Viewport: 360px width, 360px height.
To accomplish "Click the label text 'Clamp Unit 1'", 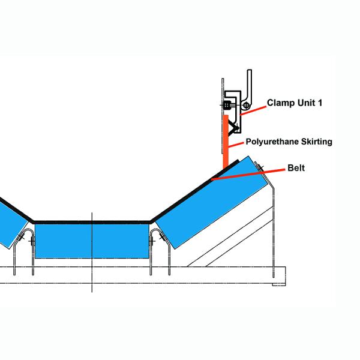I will click(295, 103).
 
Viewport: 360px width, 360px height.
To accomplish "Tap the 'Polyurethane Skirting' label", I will click(289, 142).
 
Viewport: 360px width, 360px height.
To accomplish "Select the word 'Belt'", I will click(295, 168).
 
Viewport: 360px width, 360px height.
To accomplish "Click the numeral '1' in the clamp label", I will click(320, 103).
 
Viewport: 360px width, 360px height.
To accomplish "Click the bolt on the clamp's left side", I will click(226, 106).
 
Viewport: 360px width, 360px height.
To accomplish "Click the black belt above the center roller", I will click(91, 221).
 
